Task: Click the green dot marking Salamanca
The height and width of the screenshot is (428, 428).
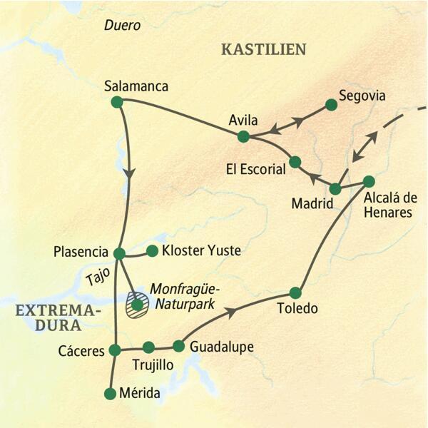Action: point(118,102)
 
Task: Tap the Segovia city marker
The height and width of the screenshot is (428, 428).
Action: point(331,104)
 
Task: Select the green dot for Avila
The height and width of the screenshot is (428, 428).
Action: point(244,136)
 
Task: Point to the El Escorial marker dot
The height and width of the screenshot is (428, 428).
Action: point(295,162)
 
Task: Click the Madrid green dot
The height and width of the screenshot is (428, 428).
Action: point(335,189)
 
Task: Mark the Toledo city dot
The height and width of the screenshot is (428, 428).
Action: point(296,292)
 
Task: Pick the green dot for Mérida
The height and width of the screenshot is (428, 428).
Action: point(110,394)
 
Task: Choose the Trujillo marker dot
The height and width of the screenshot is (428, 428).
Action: point(148,347)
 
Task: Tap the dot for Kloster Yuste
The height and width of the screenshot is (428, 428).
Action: point(152,250)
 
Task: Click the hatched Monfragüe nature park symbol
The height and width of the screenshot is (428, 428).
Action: point(136,305)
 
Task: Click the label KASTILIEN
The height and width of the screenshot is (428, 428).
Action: point(264,49)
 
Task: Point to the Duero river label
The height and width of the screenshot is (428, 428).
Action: point(122,25)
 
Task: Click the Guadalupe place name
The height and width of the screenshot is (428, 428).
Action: point(222,347)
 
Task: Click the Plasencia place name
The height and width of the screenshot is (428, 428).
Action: point(80,251)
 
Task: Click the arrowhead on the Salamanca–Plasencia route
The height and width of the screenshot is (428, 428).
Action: point(129,173)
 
